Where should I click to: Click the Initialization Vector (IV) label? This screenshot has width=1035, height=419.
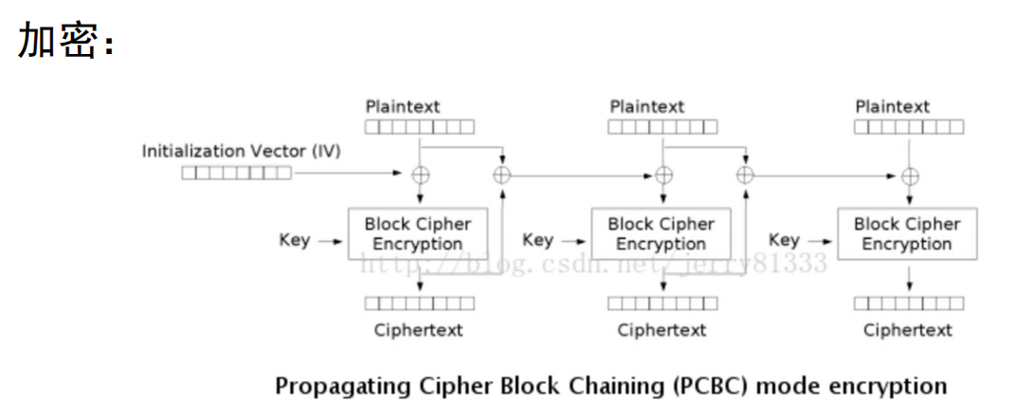241,151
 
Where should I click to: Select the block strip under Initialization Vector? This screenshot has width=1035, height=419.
236,173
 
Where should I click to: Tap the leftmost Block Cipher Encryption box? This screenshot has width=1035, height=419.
418,234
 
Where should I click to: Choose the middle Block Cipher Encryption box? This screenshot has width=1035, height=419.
661,234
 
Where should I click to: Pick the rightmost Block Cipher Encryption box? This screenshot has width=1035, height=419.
907,234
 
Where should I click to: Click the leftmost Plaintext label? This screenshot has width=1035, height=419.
403,107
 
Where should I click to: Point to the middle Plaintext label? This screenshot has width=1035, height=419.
647,107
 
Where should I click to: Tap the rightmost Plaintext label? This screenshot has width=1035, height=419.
893,107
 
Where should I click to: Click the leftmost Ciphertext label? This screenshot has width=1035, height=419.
418,330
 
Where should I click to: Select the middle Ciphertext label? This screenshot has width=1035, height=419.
662,330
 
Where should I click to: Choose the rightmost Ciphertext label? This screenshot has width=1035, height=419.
907,330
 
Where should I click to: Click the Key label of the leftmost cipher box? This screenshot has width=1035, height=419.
295,240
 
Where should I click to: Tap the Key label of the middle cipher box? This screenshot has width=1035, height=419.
537,240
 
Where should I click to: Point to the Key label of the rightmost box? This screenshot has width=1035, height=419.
784,240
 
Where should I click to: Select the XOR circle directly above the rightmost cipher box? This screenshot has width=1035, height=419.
910,175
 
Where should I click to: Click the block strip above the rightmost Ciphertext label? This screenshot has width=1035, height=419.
908,303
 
